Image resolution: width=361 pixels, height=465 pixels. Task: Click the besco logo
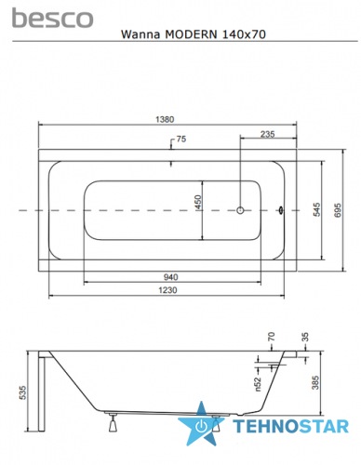pyautogui.click(x=52, y=18)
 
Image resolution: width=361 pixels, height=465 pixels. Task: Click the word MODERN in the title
pyautogui.click(x=191, y=34)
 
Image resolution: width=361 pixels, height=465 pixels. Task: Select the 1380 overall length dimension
pyautogui.click(x=165, y=119)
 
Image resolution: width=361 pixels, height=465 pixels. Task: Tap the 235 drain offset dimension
pyautogui.click(x=267, y=134)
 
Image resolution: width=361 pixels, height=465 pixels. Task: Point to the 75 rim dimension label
pyautogui.click(x=181, y=139)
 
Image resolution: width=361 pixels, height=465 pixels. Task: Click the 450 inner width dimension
pyautogui.click(x=198, y=202)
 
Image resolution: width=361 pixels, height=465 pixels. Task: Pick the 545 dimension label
pyautogui.click(x=316, y=209)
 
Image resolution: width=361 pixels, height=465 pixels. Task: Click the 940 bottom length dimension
pyautogui.click(x=170, y=277)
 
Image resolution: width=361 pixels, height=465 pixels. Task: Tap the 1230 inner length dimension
pyautogui.click(x=167, y=290)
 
